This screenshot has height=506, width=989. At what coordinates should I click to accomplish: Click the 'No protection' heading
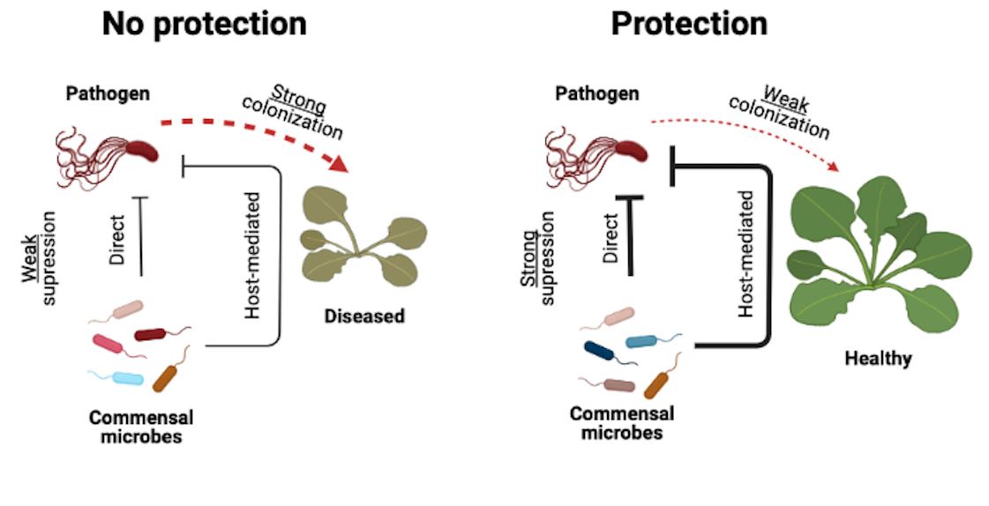click(204, 24)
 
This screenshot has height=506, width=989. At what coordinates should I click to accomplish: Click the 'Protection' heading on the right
click(689, 24)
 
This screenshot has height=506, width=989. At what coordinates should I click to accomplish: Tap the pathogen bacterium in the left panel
click(110, 149)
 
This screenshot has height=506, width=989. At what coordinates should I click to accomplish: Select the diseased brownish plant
click(363, 237)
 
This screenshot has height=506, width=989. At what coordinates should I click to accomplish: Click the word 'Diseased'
click(363, 315)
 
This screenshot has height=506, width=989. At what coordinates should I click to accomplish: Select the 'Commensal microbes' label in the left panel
click(141, 426)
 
